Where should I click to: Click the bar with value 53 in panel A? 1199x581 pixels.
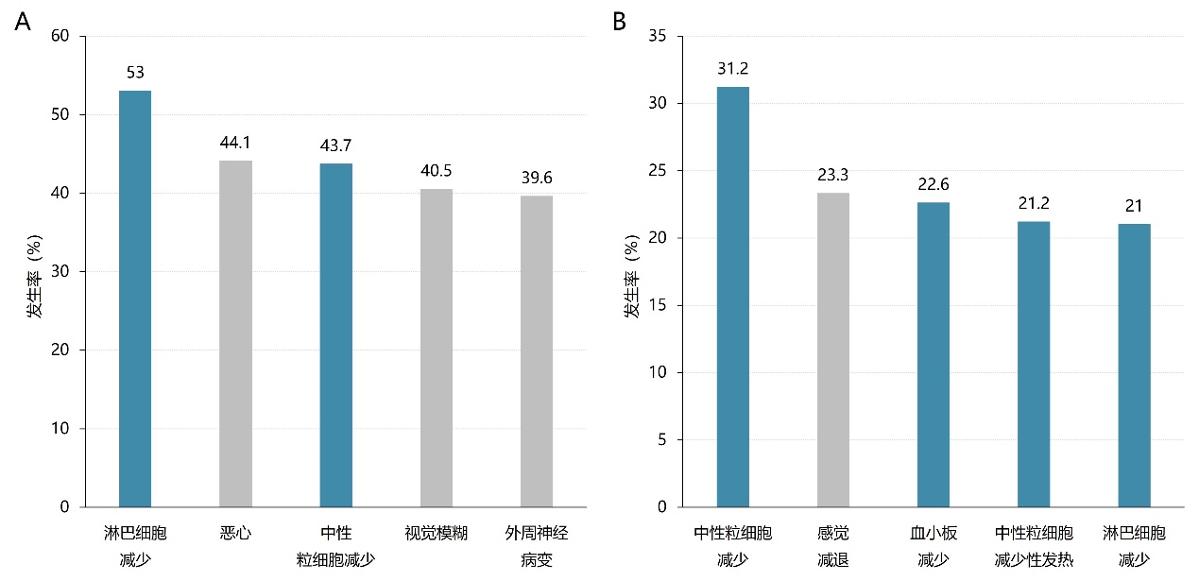click(x=135, y=299)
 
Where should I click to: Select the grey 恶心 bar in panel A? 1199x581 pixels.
click(x=235, y=333)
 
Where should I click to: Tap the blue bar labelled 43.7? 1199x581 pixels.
click(x=335, y=335)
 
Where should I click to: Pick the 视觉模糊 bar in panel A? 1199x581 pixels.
click(x=437, y=348)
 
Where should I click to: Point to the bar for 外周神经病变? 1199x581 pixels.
click(x=537, y=351)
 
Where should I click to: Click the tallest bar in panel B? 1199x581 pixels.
click(x=732, y=297)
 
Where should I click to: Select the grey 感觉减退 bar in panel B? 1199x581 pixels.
click(x=833, y=350)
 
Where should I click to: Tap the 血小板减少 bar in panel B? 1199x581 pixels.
click(x=934, y=354)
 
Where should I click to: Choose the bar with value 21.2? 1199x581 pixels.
click(x=1034, y=364)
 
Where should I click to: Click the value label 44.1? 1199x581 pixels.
click(x=235, y=143)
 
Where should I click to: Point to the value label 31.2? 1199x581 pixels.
click(x=732, y=69)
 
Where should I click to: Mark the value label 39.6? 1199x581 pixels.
click(x=537, y=178)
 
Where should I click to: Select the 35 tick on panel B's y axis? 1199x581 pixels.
click(x=659, y=37)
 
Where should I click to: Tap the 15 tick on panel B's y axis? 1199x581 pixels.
click(x=659, y=305)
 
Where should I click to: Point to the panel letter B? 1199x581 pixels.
click(x=620, y=21)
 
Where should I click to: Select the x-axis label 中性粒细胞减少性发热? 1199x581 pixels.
click(x=1034, y=547)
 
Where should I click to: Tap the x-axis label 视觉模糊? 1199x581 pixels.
click(x=437, y=534)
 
